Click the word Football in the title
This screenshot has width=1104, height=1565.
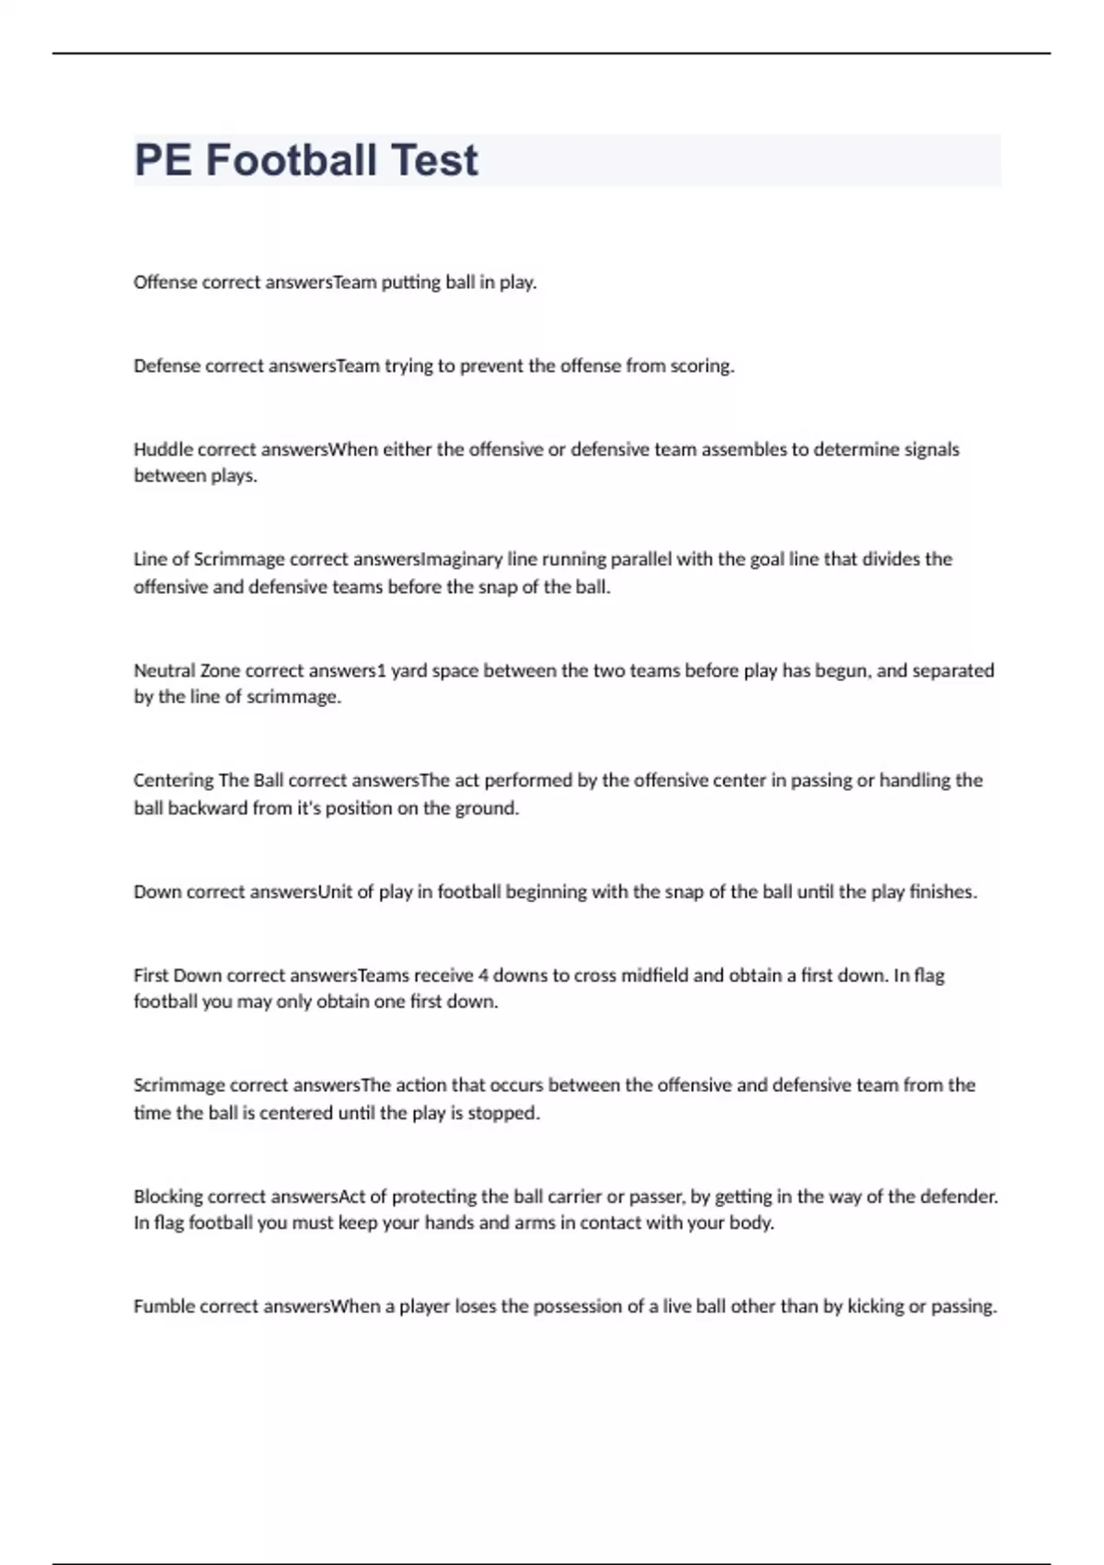291,160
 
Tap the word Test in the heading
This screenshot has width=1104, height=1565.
434,160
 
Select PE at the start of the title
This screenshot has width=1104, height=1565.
163,160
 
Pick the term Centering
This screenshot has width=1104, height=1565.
173,781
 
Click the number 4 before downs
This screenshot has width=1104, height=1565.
484,975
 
